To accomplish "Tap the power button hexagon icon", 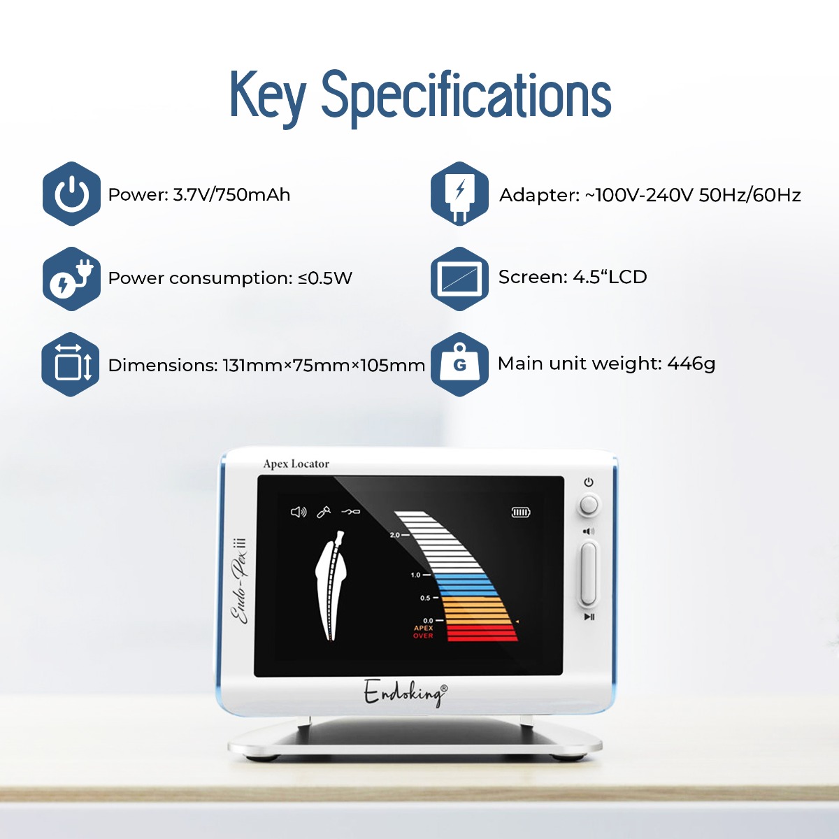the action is coord(71,194).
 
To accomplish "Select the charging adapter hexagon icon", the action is coord(459,194).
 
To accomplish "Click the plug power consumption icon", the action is coord(71,279).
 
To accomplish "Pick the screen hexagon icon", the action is coord(459,279).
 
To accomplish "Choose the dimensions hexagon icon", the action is coord(71,364).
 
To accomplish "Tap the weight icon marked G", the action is coord(459,364).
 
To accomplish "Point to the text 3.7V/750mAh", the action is coord(231,194).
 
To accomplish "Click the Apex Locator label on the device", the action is coord(296,464).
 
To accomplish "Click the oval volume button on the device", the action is coord(588,573).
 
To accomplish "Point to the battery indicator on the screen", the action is coord(521,512).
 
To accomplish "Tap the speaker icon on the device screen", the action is coord(299,512).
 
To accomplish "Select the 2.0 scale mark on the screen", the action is coord(394,535).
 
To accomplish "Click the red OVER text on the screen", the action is coord(423,636).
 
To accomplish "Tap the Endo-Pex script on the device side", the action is coord(241,581).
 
